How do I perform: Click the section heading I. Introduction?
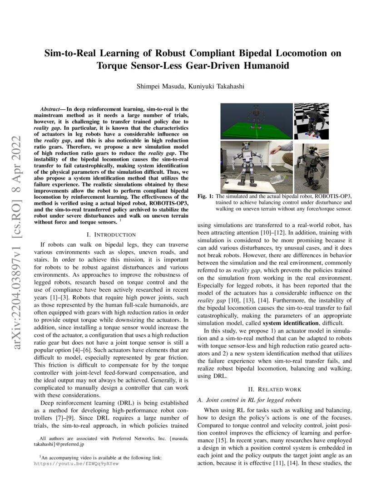pos(111,235)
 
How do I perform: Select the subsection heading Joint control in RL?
pos(249,400)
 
